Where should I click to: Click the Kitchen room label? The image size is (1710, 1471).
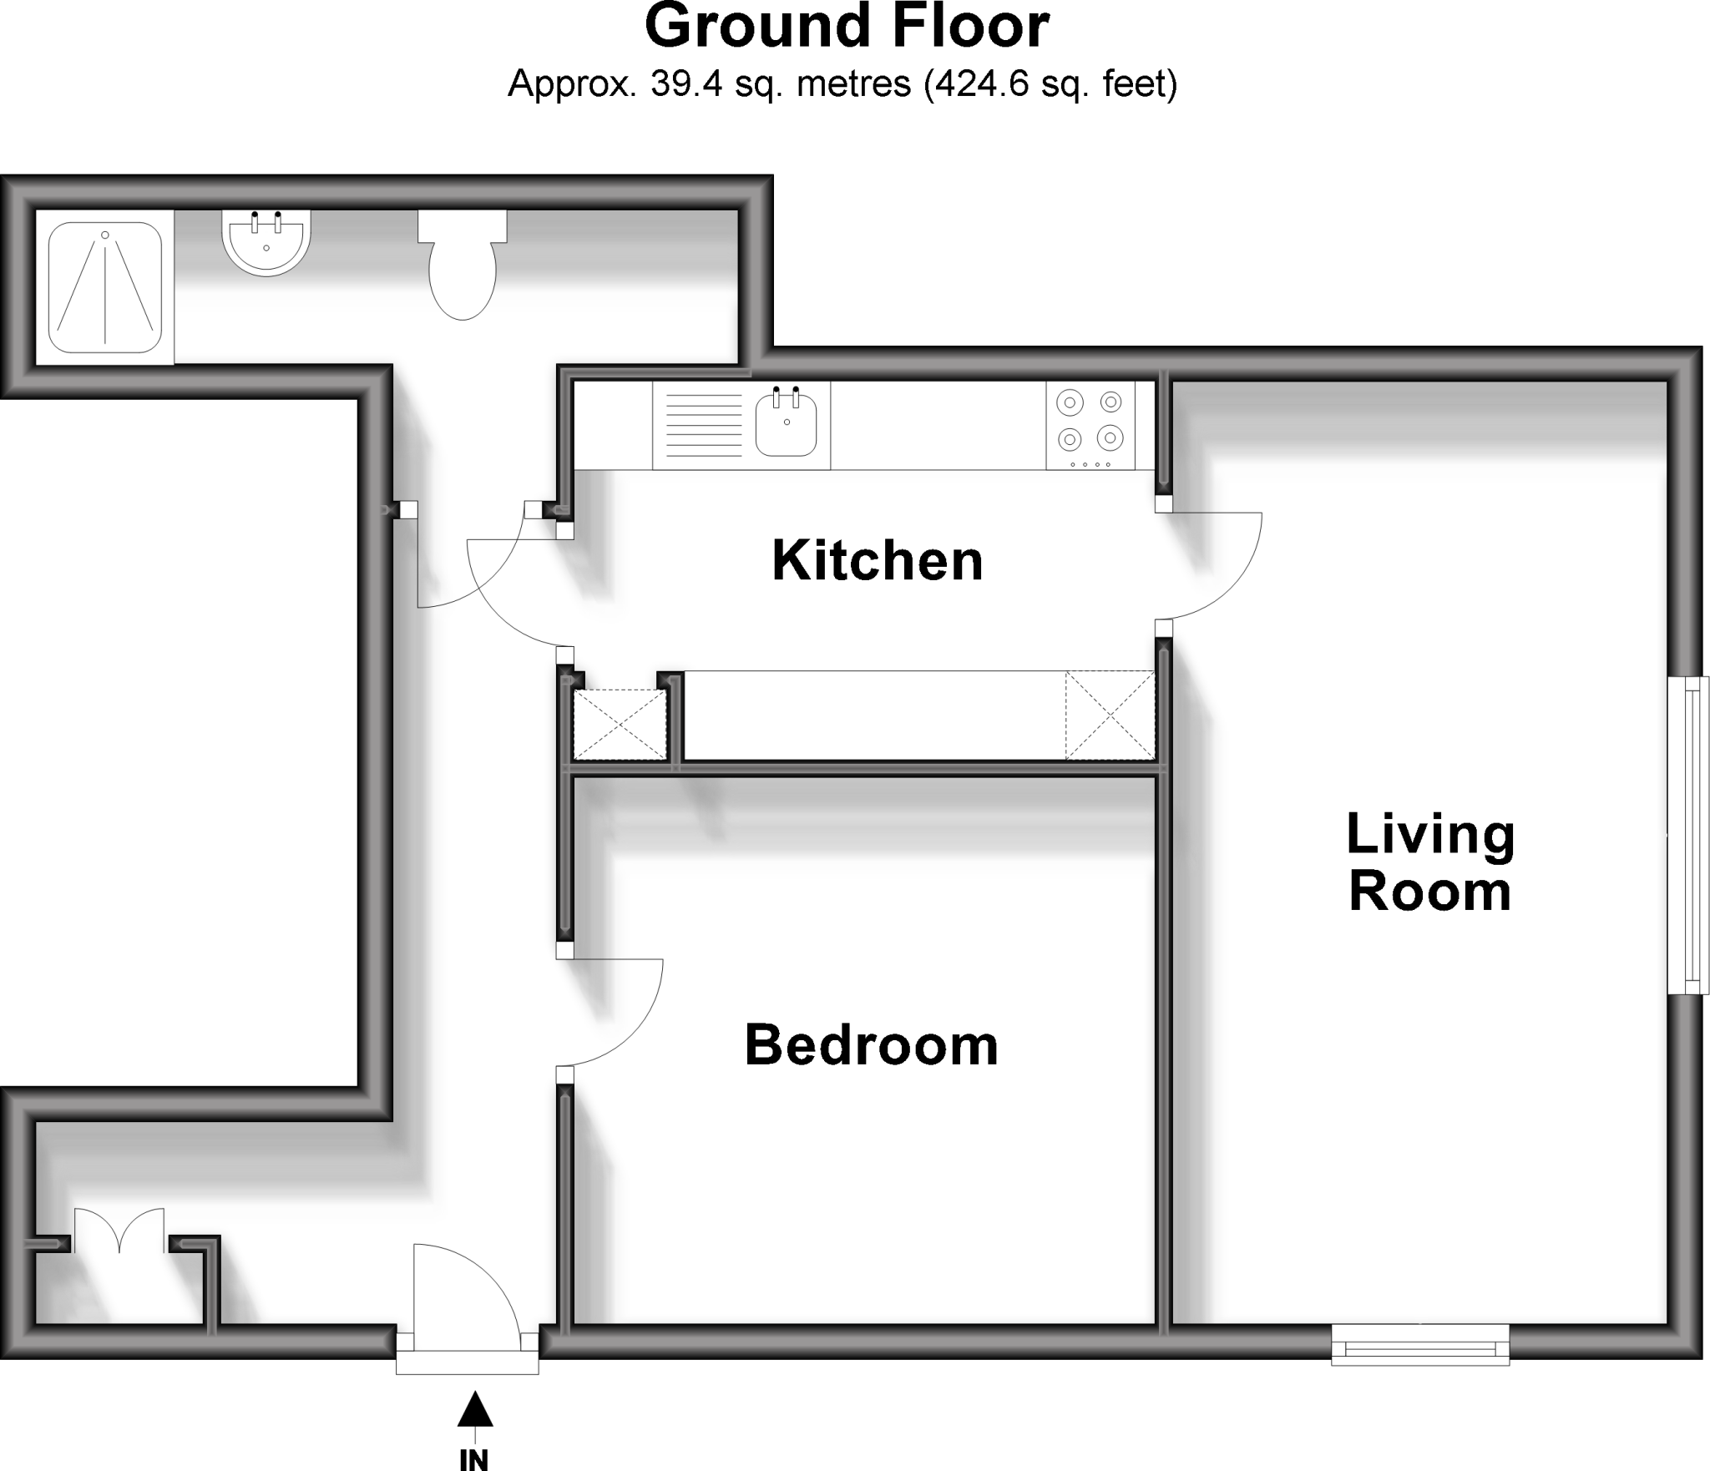click(877, 561)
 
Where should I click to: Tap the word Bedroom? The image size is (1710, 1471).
click(871, 1046)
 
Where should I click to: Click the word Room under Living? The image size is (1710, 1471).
click(1429, 892)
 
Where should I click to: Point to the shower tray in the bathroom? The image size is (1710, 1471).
click(104, 286)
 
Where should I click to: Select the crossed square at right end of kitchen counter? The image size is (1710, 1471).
click(1109, 715)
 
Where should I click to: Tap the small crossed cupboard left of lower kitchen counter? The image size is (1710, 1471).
click(620, 725)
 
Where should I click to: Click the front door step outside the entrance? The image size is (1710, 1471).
click(467, 1362)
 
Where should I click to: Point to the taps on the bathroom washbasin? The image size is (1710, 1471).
click(266, 221)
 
